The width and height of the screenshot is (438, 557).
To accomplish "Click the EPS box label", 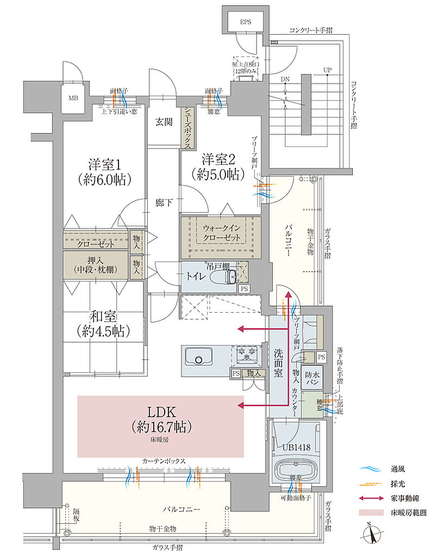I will coord(247,22).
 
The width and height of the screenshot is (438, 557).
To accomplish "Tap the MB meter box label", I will coord(73,98).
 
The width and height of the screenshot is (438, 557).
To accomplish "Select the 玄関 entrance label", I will coord(165,122).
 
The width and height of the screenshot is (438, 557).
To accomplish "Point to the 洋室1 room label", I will coord(103,170).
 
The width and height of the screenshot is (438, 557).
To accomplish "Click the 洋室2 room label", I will coord(220,166).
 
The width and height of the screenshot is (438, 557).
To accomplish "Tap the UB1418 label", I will coord(296,447).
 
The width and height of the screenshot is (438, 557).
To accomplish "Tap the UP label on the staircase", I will coord(327,71).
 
